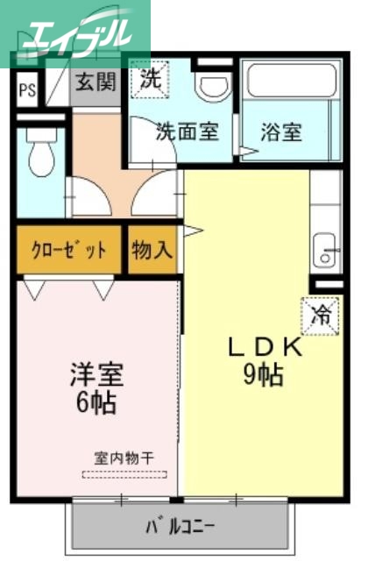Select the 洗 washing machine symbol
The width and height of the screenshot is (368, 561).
(x=150, y=79)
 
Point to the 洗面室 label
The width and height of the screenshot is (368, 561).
(x=187, y=132)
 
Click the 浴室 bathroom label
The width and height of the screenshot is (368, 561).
(x=280, y=132)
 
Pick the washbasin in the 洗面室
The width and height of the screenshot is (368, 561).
(x=210, y=85)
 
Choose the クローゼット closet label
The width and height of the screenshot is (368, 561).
(x=69, y=250)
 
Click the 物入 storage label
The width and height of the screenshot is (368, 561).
(x=152, y=250)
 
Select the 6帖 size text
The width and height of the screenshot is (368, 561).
(x=96, y=404)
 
